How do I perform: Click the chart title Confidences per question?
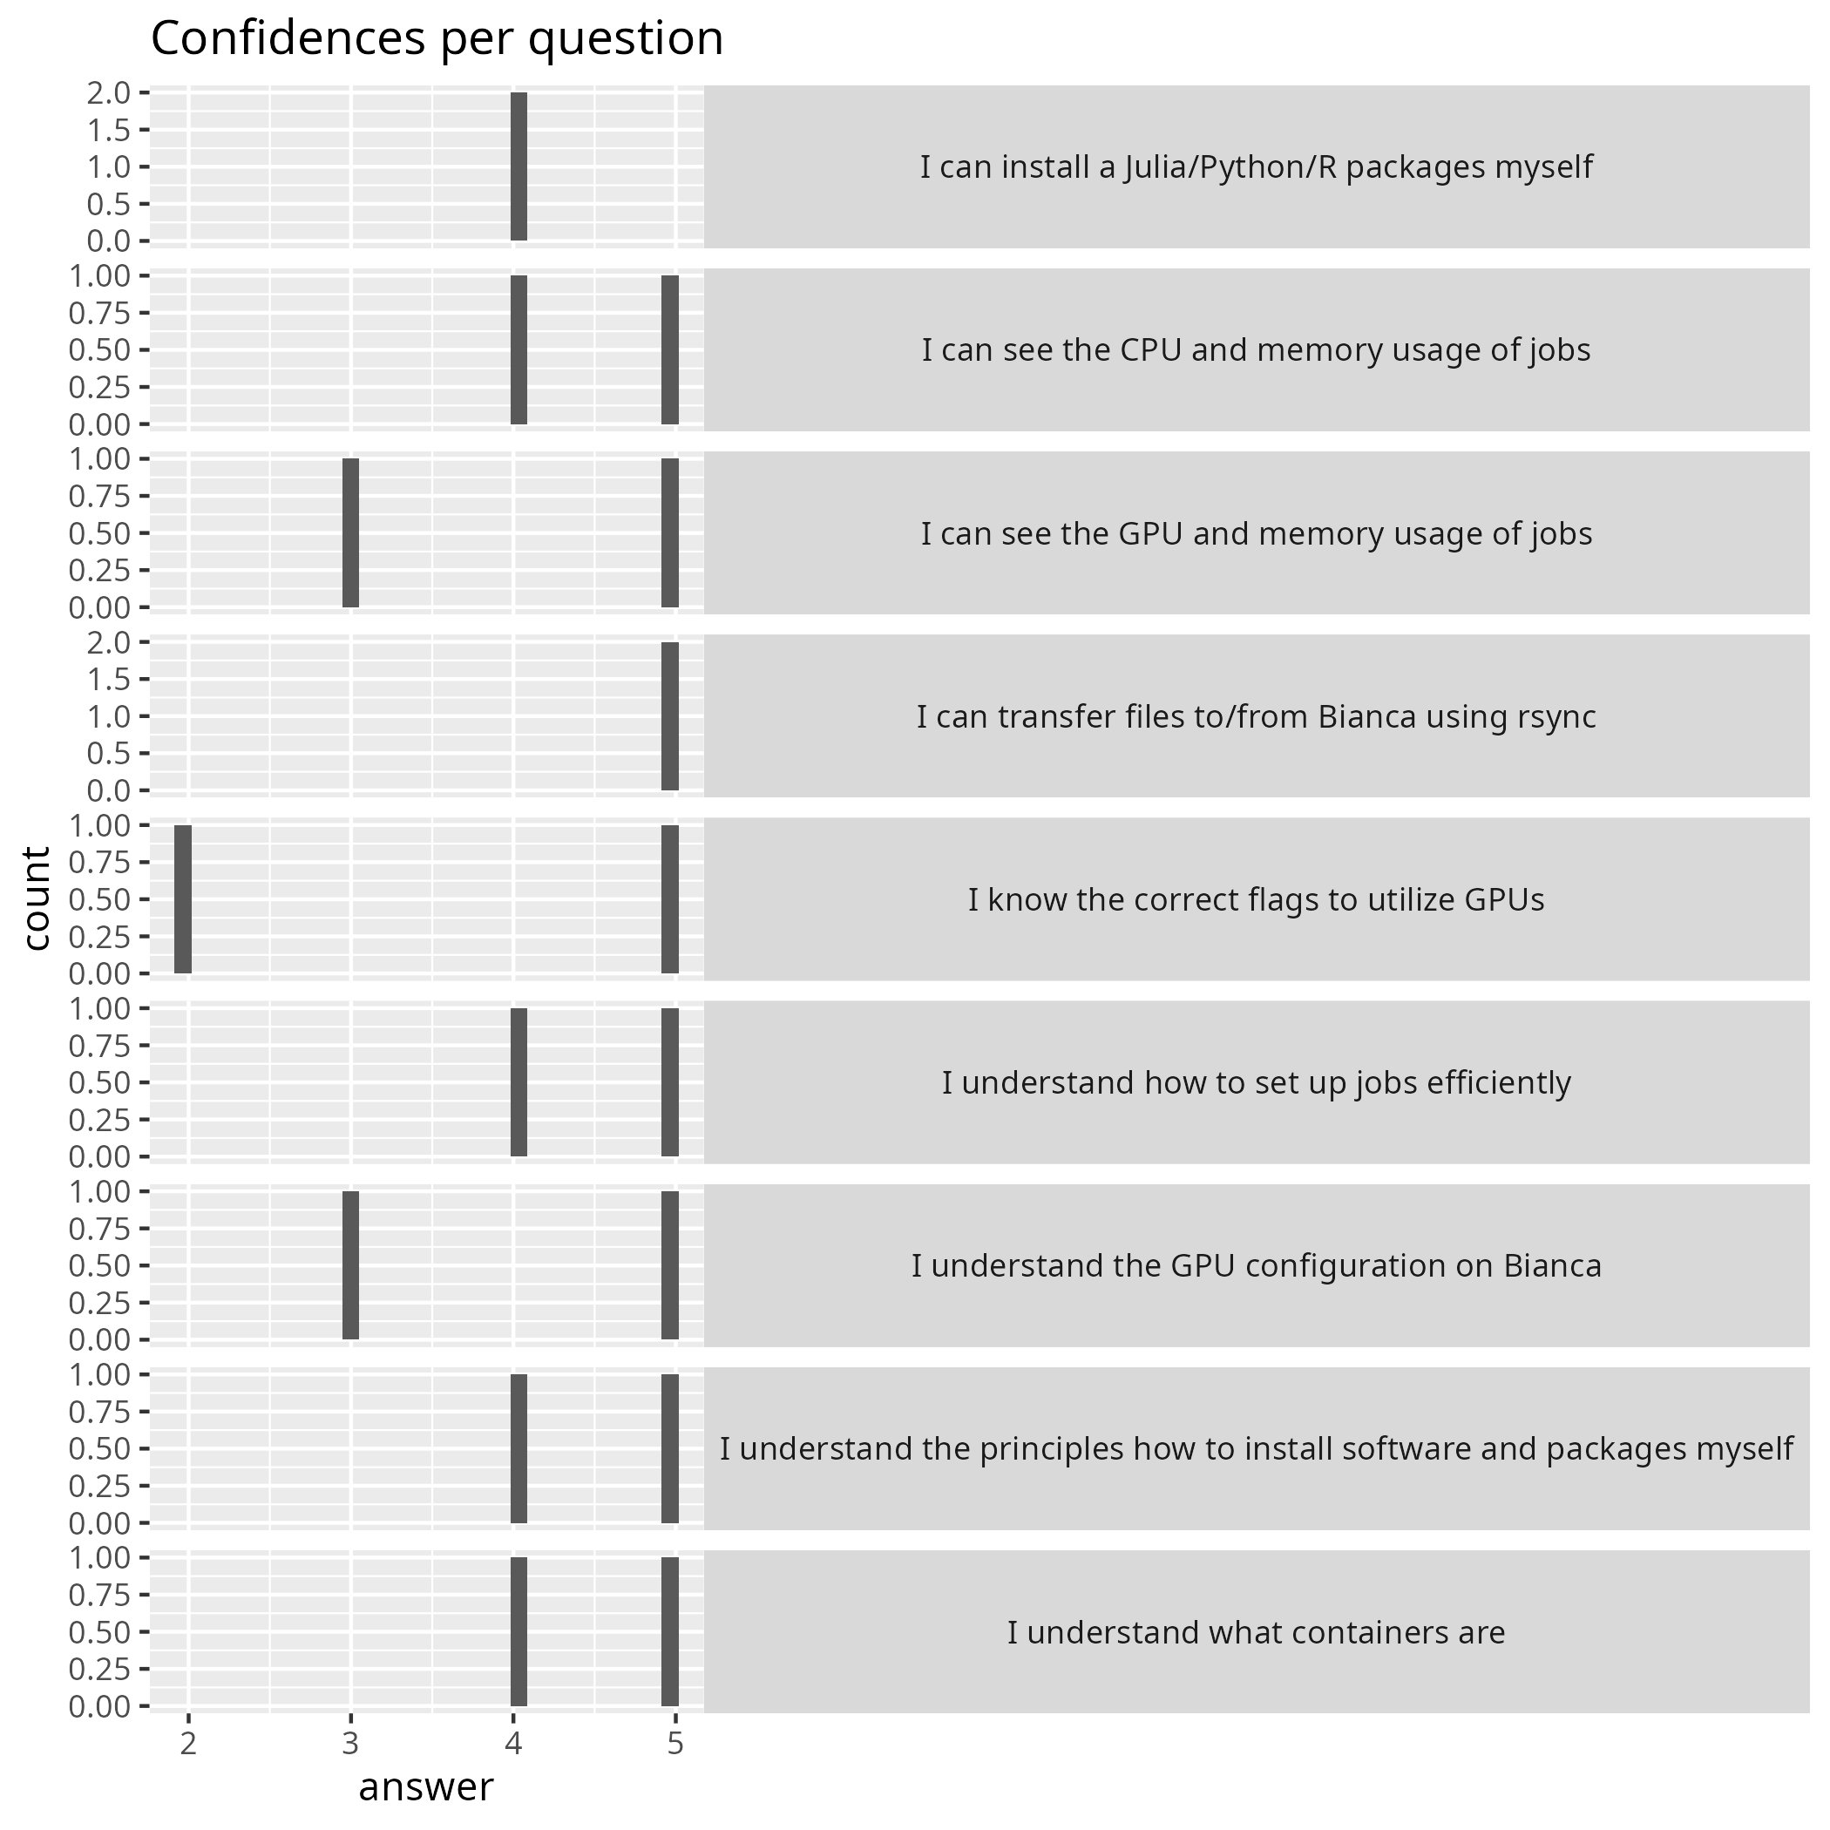pos(437,40)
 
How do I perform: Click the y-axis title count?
pos(36,898)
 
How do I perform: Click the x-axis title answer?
pos(425,1786)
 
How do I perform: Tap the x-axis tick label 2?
pos(188,1744)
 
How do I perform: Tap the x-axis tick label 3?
pos(350,1744)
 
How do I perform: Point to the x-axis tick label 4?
pos(513,1744)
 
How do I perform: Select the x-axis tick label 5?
pos(675,1744)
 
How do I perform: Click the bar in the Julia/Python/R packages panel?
pos(518,166)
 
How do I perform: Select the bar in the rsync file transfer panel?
pos(669,716)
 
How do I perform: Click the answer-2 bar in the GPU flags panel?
pos(183,899)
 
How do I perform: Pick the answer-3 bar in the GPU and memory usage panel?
pos(350,532)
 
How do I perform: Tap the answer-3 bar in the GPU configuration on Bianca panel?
pos(350,1265)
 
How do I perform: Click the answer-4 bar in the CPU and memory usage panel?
pos(518,349)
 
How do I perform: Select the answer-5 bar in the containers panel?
pos(669,1631)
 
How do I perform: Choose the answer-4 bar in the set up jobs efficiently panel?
pos(518,1081)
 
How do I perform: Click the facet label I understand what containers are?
pos(1255,1632)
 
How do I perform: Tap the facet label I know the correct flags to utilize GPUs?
pos(1255,899)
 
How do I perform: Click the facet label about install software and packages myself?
pos(1255,1448)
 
